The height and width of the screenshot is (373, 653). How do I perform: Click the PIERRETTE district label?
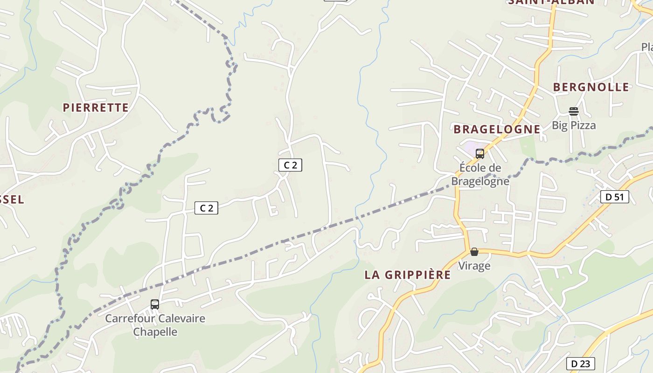point(96,108)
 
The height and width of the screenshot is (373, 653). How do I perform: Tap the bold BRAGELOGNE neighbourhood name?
point(497,129)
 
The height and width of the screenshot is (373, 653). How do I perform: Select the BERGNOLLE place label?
point(591,87)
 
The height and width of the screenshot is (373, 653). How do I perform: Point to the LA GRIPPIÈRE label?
point(408,275)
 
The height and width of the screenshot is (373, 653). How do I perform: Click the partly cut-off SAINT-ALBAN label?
point(551,2)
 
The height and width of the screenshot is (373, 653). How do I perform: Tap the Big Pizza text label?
point(574,125)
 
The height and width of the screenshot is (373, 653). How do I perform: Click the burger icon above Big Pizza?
point(574,111)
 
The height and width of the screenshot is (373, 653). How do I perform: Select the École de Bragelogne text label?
point(480,174)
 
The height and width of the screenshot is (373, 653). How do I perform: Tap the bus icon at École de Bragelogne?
point(479,154)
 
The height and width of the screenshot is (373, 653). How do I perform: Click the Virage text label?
point(474,266)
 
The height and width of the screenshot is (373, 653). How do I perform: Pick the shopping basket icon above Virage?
point(474,252)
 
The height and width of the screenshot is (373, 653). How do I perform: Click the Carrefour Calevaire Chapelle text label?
point(155,325)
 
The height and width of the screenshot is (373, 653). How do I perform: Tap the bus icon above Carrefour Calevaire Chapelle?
point(155,304)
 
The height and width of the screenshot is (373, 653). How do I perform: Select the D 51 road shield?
point(614,197)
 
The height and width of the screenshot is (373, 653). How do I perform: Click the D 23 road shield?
point(581,364)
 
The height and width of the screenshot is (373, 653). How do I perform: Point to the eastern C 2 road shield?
point(290,165)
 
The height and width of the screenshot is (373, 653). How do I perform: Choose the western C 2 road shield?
point(206,208)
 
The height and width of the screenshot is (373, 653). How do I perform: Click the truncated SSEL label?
point(12,200)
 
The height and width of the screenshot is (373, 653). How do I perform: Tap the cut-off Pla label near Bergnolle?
point(646,47)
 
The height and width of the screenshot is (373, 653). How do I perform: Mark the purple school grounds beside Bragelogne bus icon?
point(469,151)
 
